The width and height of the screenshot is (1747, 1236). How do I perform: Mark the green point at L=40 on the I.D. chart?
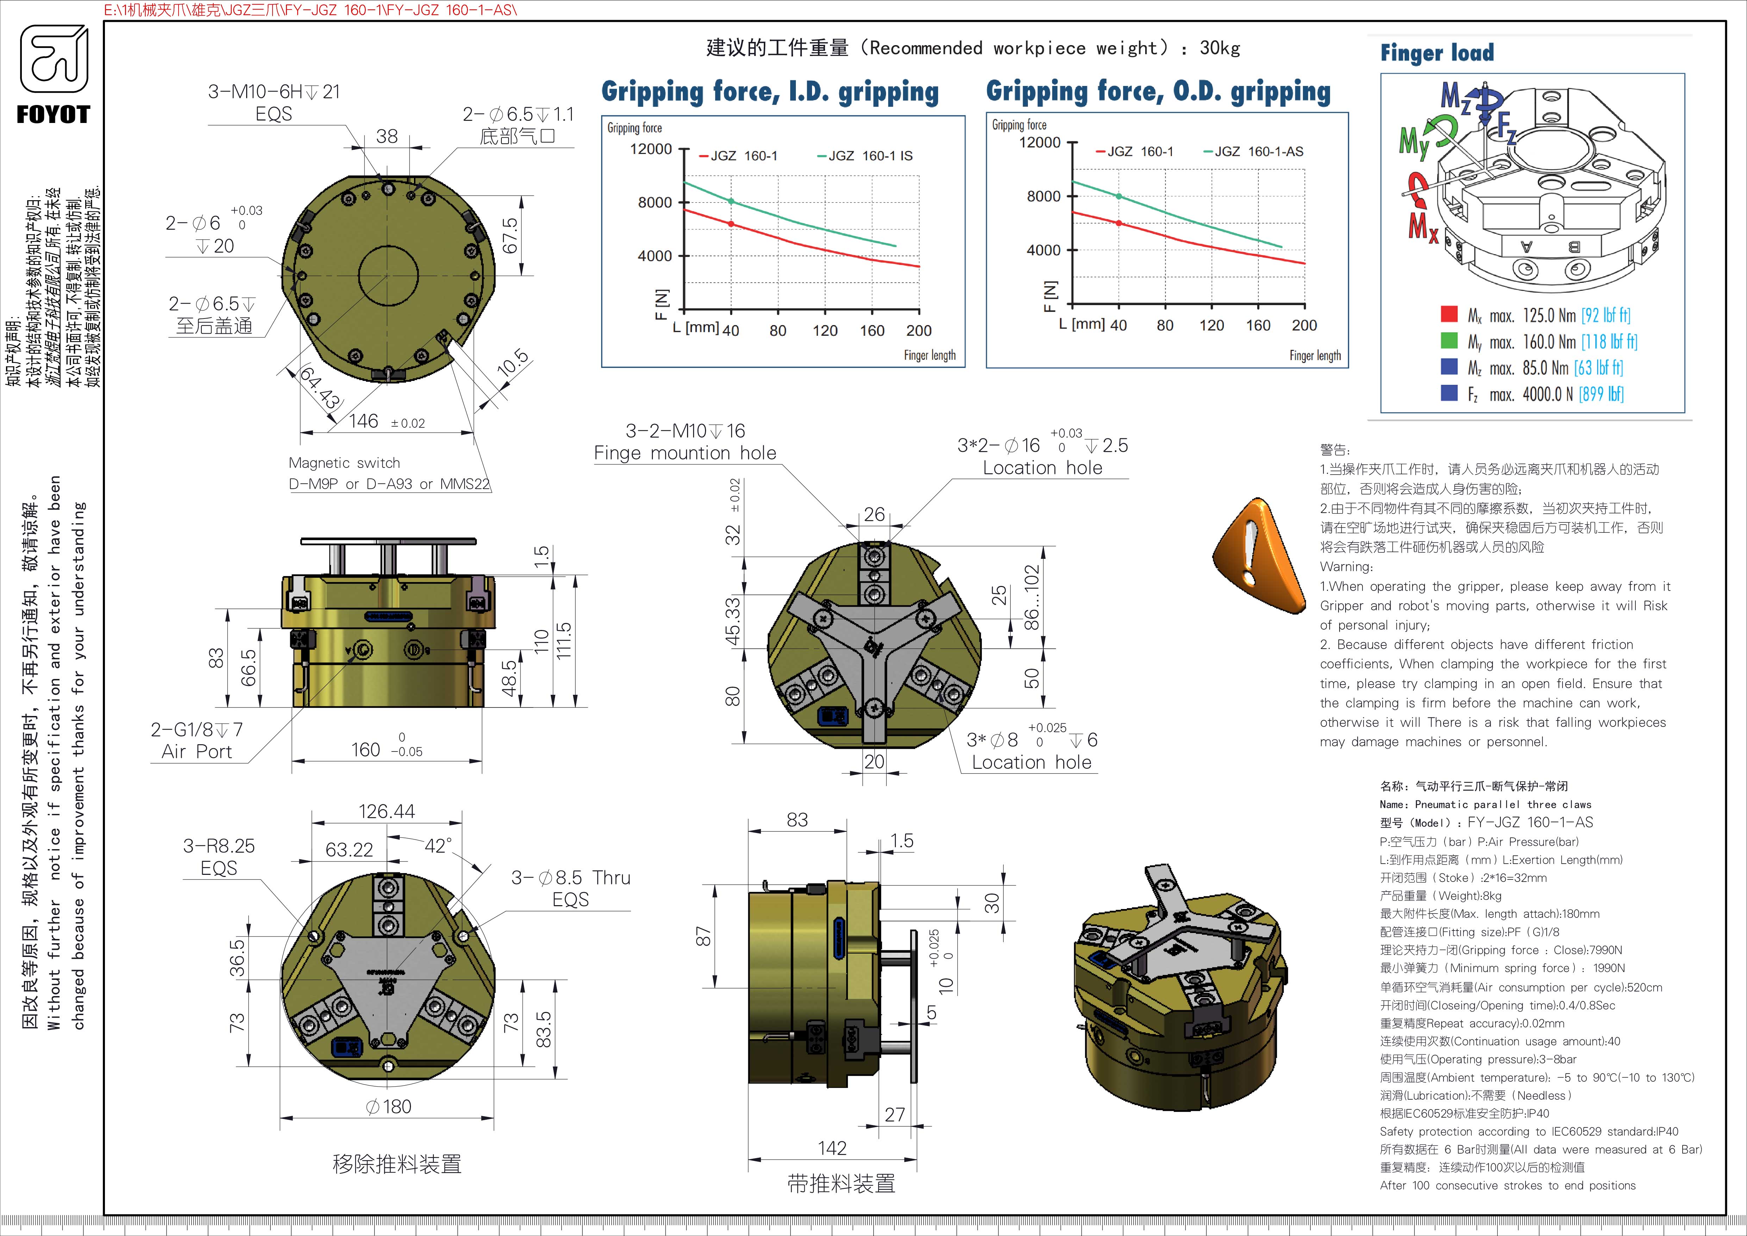pos(731,201)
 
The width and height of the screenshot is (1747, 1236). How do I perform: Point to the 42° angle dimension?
pos(438,846)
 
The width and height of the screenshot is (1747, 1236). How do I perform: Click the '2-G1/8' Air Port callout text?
pos(196,730)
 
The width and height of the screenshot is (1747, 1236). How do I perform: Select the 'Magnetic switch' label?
pos(344,463)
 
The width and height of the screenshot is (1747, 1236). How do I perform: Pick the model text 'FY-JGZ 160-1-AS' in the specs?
pos(1529,822)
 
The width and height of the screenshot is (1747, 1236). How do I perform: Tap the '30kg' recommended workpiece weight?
pos(1220,48)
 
